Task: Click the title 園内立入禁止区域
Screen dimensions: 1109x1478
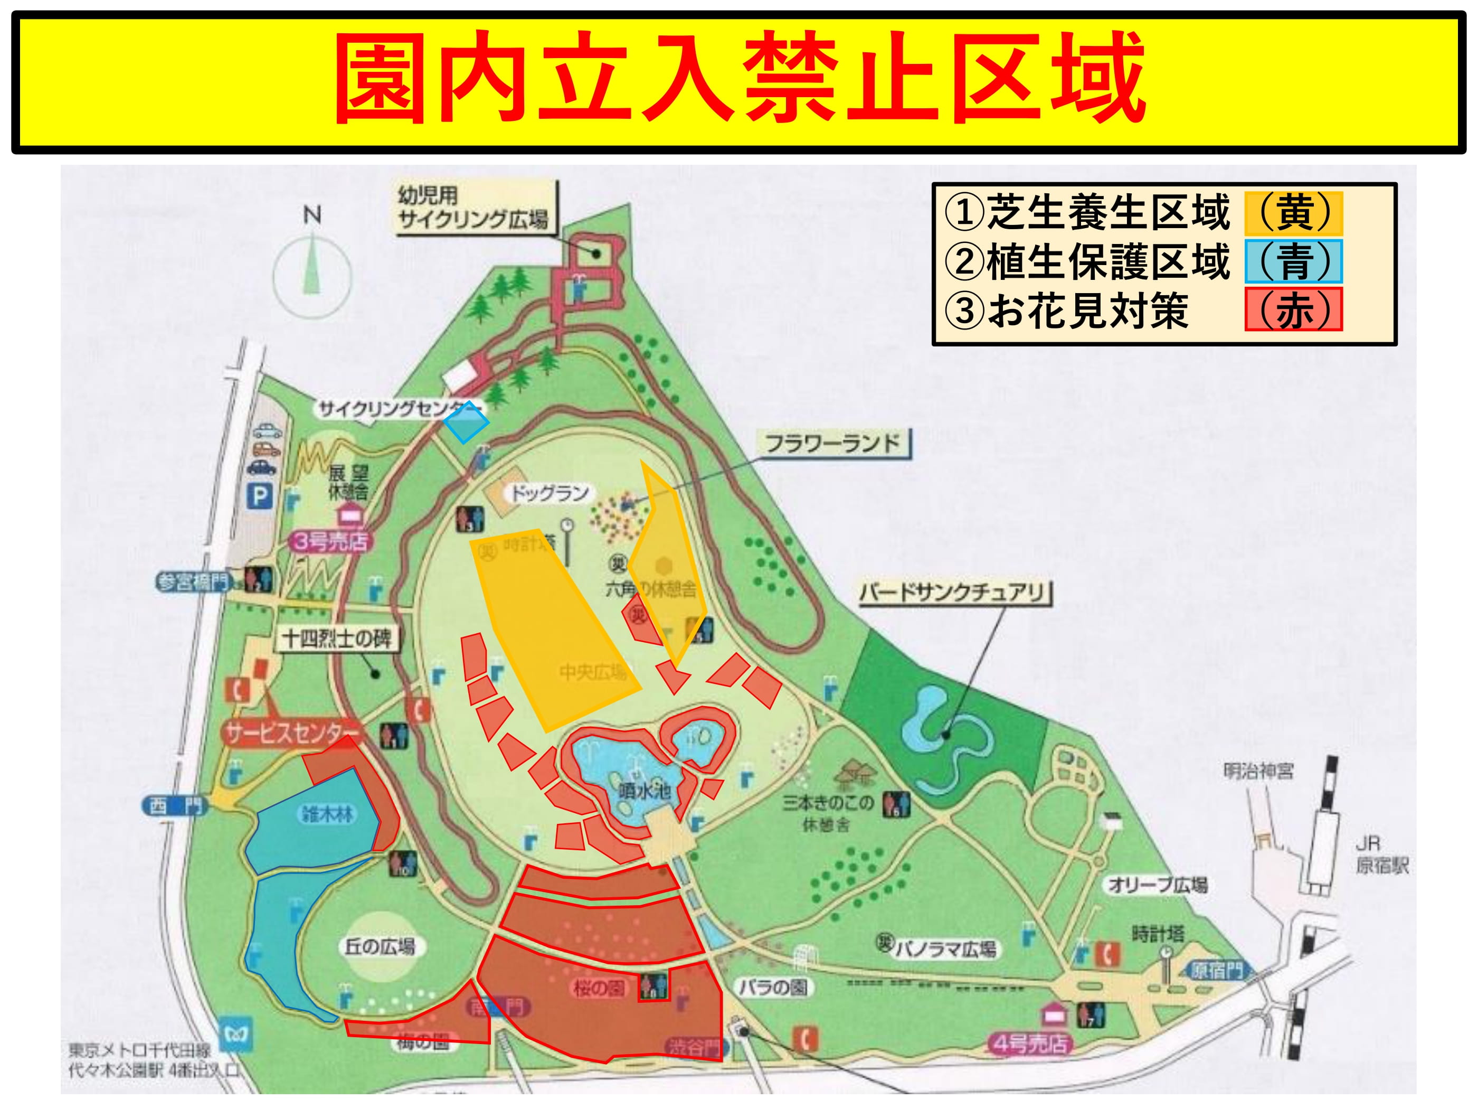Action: [739, 79]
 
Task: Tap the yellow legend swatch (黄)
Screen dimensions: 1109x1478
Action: [1293, 213]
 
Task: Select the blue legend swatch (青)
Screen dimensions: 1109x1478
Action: [1293, 261]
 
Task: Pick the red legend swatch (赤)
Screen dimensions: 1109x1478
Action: [1293, 309]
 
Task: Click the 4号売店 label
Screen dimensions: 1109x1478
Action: [1029, 1044]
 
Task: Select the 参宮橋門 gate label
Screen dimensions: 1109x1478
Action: [193, 581]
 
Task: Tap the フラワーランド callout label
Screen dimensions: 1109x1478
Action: [832, 443]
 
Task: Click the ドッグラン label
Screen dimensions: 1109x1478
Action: [549, 493]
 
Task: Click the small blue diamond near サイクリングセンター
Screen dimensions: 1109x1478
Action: [467, 422]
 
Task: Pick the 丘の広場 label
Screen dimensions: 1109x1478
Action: [380, 946]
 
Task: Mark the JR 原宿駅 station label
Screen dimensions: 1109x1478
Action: [1382, 856]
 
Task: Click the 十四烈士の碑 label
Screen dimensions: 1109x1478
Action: [337, 638]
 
